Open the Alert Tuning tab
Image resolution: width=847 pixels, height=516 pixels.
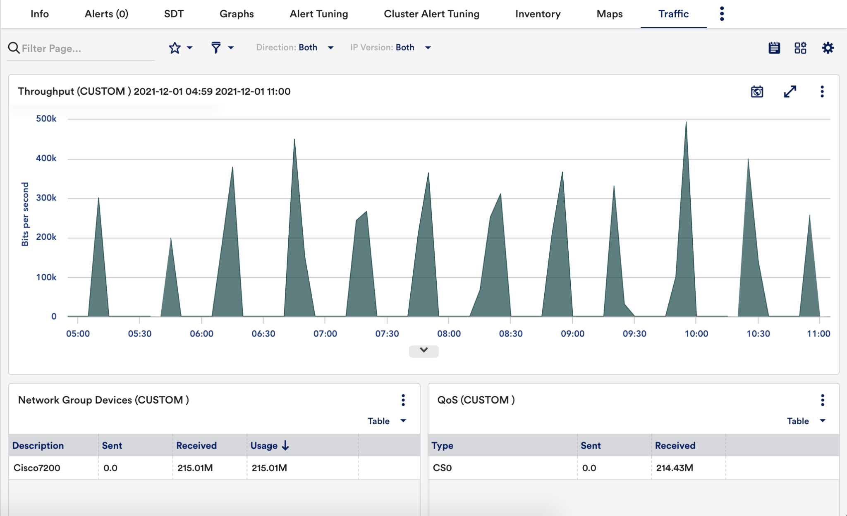(x=318, y=14)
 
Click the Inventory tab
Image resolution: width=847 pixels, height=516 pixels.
(x=538, y=14)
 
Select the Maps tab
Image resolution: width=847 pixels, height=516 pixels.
(x=609, y=14)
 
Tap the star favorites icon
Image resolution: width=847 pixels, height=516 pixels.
(x=175, y=48)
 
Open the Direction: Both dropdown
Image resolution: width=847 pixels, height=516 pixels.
(x=294, y=48)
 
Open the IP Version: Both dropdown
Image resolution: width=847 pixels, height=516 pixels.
(x=390, y=48)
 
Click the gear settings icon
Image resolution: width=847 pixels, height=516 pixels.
(x=828, y=48)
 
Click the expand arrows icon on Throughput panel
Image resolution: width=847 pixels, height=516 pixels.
(x=790, y=91)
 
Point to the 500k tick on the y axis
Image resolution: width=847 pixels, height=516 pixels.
(x=46, y=119)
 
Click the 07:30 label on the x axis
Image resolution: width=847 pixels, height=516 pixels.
(x=387, y=334)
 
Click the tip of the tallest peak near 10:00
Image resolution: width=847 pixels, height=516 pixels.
(x=686, y=122)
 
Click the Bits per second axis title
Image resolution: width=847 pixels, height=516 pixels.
(x=25, y=214)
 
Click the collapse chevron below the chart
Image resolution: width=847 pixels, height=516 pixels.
(x=423, y=351)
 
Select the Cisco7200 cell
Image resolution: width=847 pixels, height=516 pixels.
(x=37, y=468)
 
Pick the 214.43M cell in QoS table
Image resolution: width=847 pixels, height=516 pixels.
(x=674, y=468)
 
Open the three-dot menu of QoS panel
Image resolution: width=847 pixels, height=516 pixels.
(x=822, y=400)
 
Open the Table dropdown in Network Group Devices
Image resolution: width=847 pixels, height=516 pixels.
(x=386, y=421)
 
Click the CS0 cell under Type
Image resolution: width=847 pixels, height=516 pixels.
(x=442, y=468)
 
